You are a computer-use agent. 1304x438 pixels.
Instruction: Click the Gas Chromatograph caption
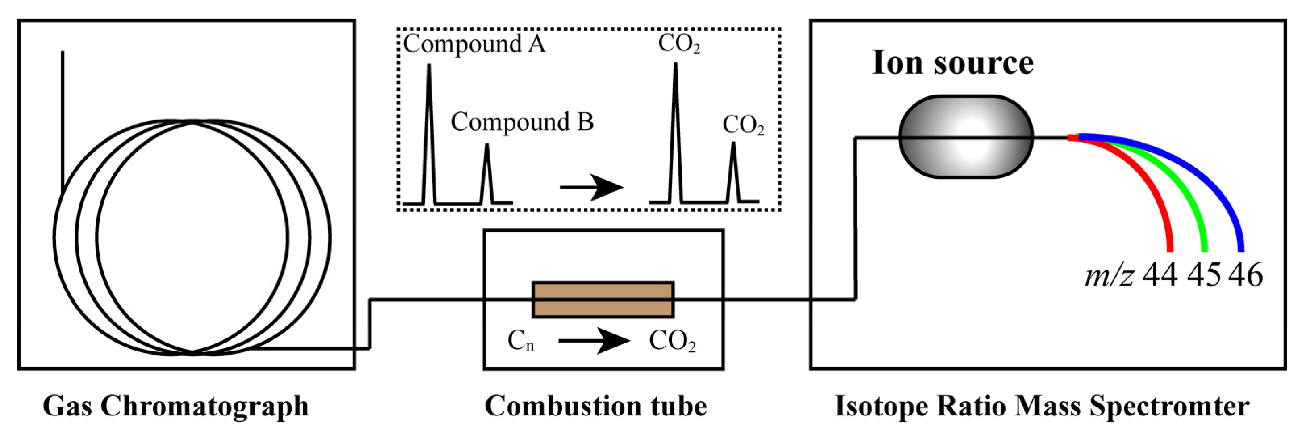point(176,407)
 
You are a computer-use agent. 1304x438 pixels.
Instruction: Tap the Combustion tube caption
point(596,407)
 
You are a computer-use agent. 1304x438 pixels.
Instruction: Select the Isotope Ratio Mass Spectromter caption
point(1042,407)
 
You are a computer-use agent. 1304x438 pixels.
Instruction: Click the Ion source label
point(952,64)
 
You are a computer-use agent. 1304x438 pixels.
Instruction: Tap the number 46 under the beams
point(1246,276)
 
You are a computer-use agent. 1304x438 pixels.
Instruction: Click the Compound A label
point(474,44)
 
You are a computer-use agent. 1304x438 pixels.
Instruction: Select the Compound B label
point(522,122)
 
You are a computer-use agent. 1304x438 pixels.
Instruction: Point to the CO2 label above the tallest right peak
point(679,44)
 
